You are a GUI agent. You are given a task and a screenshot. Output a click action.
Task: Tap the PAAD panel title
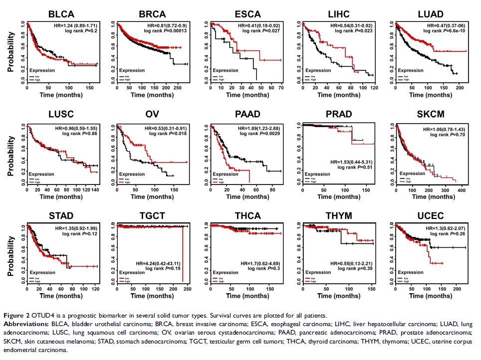(x=247, y=115)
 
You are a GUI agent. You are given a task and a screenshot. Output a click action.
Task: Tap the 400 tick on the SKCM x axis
(x=462, y=190)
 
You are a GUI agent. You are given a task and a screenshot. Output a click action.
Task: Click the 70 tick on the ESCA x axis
(x=280, y=88)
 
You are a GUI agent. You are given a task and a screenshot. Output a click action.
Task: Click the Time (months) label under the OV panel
(x=154, y=197)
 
